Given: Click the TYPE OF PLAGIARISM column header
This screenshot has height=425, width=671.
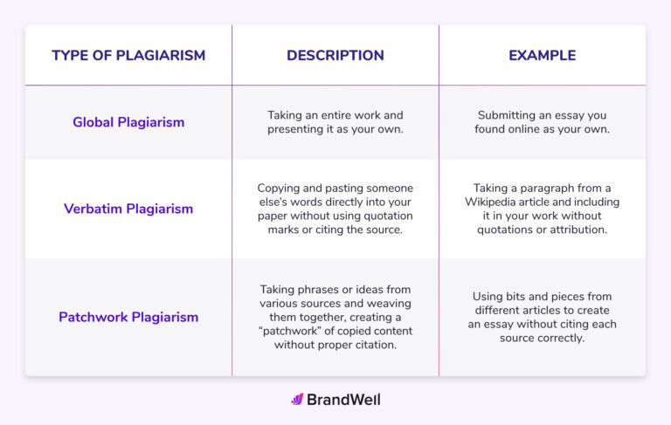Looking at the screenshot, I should point(128,56).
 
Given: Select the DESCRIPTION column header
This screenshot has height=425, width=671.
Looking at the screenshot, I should point(335,56).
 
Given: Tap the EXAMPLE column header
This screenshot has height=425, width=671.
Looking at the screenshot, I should point(542,56).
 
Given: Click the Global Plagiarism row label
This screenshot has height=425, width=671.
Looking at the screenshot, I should point(128,122).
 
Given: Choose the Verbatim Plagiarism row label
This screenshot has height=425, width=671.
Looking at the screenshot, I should point(128,209).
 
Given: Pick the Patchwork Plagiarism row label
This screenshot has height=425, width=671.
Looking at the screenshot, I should point(128,317).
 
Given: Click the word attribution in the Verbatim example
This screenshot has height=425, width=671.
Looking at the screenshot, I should point(574,230).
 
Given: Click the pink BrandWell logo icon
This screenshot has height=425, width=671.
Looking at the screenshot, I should point(297,400).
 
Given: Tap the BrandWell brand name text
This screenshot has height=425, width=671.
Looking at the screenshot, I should point(344,400).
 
